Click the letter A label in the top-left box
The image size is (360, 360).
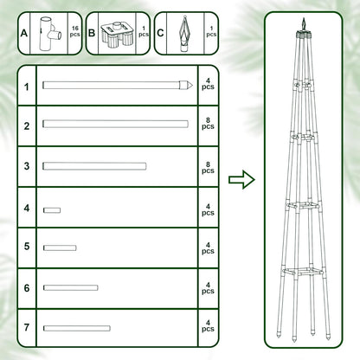click(25, 34)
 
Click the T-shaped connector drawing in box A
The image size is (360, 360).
click(53, 32)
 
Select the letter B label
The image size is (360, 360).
click(93, 34)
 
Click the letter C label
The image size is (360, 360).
click(161, 34)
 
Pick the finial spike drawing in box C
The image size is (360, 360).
click(183, 33)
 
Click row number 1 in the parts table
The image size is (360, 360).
click(27, 87)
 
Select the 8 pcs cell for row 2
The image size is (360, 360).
click(208, 125)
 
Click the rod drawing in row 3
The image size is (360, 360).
click(94, 165)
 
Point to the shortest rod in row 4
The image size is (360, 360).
click(52, 209)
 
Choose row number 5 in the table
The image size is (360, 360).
click(27, 247)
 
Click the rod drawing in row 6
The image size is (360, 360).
click(70, 287)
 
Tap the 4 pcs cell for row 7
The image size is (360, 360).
click(208, 327)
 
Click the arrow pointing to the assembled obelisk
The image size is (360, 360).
click(241, 179)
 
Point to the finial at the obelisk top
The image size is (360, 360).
click(302, 22)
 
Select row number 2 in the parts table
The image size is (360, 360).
click(27, 126)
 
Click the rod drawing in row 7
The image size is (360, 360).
click(77, 327)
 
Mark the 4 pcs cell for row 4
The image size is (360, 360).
click(208, 209)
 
